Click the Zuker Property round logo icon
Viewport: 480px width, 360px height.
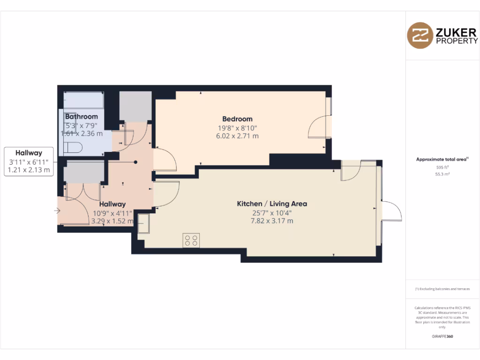click(x=420, y=35)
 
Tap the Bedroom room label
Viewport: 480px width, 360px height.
click(x=237, y=119)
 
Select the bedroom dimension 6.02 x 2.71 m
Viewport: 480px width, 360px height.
click(x=237, y=136)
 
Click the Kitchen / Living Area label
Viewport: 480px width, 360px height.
click(x=272, y=204)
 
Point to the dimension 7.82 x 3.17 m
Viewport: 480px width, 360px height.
click(x=272, y=221)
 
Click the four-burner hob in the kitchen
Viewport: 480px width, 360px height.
click(x=191, y=240)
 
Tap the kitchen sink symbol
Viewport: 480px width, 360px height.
click(x=142, y=224)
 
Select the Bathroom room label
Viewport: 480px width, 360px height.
click(x=82, y=117)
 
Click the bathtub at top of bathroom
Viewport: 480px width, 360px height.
click(x=83, y=100)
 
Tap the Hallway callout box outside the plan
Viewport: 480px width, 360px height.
click(x=29, y=161)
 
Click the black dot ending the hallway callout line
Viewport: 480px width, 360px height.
click(x=135, y=162)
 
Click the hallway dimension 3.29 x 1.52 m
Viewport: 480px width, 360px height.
click(x=112, y=221)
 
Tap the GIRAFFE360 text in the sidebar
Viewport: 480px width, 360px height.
click(x=442, y=337)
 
